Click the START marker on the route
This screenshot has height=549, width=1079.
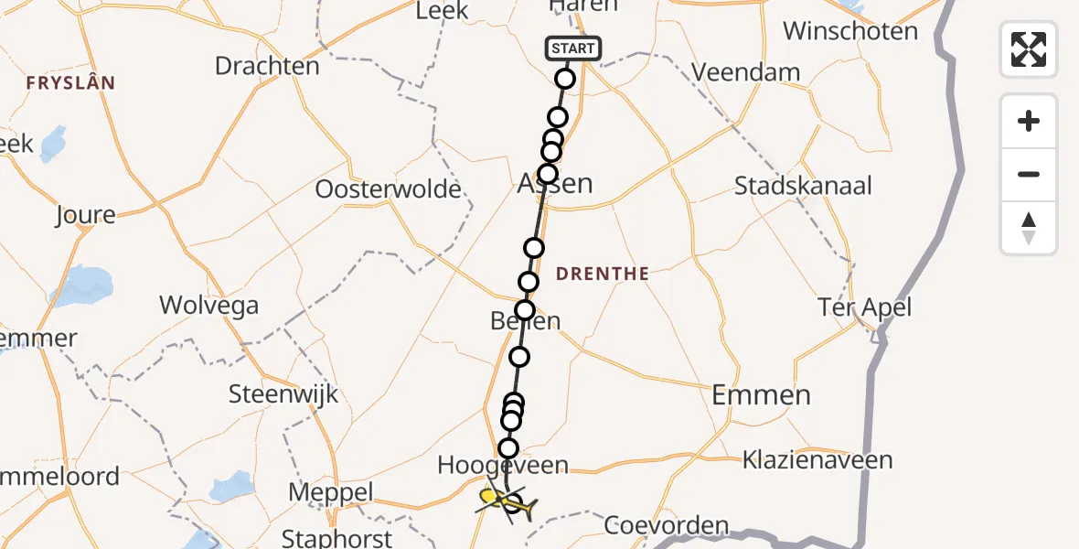[x=573, y=48]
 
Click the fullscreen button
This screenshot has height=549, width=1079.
[x=1029, y=48]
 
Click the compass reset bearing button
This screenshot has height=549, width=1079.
[x=1029, y=228]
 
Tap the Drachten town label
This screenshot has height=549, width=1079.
[x=267, y=66]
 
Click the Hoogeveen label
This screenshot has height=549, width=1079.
[x=503, y=466]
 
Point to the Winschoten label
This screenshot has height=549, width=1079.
[x=850, y=31]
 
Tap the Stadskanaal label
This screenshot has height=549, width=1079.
[x=803, y=186]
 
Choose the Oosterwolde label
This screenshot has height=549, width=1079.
[x=388, y=189]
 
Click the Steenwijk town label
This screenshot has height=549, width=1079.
[x=283, y=394]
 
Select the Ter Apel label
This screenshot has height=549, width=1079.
[x=864, y=307]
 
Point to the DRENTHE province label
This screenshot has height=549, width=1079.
[x=603, y=274]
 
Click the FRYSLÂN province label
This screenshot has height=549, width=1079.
[x=70, y=83]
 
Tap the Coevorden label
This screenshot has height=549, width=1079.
[x=667, y=526]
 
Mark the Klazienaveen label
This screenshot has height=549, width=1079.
[x=817, y=458]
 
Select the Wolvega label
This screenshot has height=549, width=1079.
[x=208, y=305]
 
